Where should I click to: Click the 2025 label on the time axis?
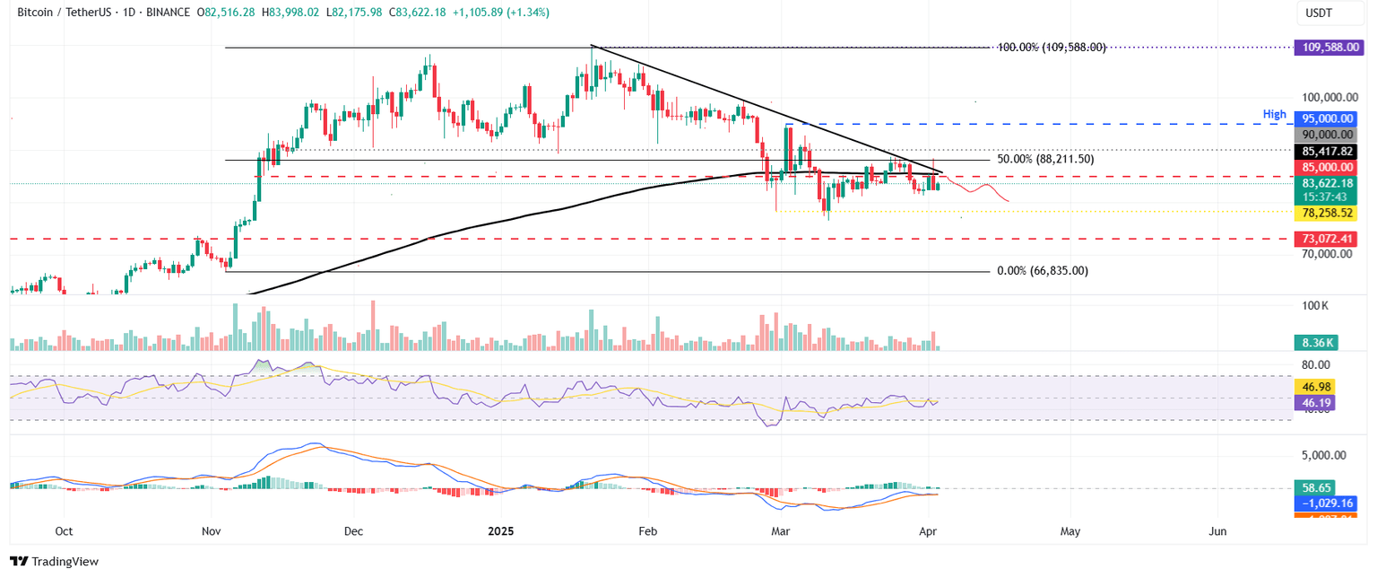pyautogui.click(x=499, y=530)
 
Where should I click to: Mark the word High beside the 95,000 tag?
pyautogui.click(x=1274, y=115)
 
